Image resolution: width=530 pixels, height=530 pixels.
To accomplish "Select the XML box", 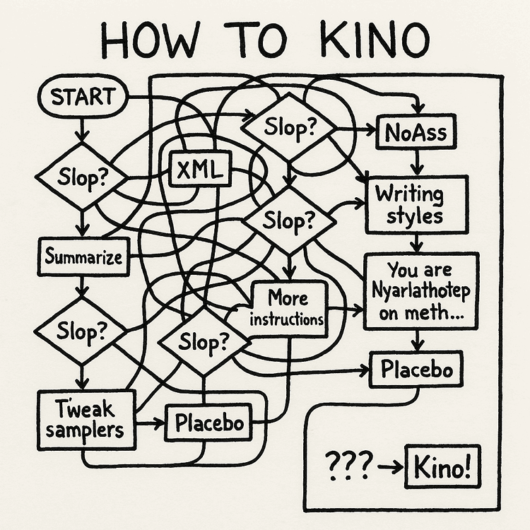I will [x=200, y=169].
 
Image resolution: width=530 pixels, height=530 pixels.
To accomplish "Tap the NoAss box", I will [x=412, y=131].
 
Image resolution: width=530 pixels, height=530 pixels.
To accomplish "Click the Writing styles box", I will [x=415, y=204].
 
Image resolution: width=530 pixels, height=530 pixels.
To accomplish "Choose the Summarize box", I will [x=83, y=257].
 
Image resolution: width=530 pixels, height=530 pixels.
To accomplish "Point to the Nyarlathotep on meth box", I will [x=420, y=290].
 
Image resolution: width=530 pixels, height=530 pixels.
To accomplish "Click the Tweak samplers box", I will [x=86, y=418].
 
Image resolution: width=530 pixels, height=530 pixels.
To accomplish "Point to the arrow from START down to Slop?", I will [x=82, y=128].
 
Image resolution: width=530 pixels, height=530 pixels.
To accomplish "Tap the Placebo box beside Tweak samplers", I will [x=209, y=424].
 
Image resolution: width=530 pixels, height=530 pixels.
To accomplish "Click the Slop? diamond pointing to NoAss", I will [x=290, y=128].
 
